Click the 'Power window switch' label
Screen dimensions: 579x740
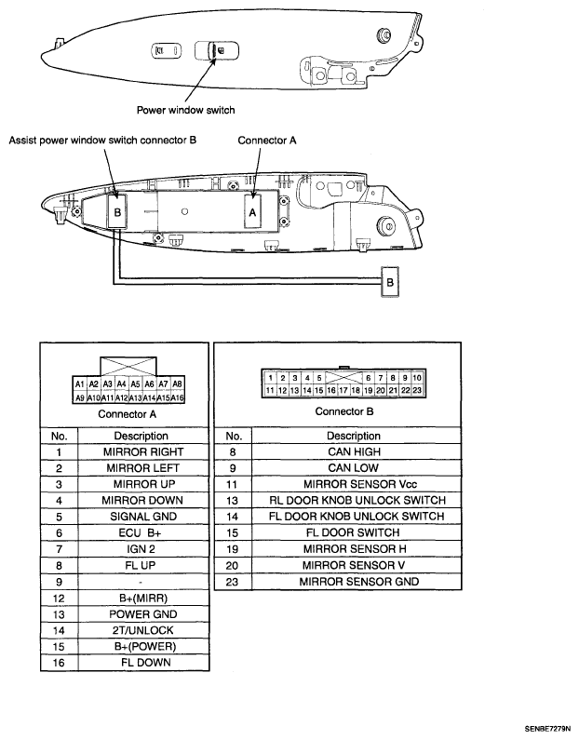185,110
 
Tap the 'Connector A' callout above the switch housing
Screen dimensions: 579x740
267,141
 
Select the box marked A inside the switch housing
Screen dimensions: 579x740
253,212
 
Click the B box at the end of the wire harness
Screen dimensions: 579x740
390,282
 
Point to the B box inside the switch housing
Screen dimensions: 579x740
117,212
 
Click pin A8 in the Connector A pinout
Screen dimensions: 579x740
178,384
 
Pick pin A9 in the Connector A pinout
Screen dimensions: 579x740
80,397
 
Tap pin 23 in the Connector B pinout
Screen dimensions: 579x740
417,390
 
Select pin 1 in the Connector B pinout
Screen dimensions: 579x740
270,378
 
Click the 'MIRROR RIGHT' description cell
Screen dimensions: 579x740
143,452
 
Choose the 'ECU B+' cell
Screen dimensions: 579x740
143,532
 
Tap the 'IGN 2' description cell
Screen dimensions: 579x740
143,549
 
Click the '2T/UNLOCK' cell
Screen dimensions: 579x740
143,630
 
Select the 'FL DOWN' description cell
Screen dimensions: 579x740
143,663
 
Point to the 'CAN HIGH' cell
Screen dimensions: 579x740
356,452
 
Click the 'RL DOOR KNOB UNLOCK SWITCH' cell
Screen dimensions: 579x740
356,500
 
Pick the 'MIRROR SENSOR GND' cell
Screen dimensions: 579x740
356,582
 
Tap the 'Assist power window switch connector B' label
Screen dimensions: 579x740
102,141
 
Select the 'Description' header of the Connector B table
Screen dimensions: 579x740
354,436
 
